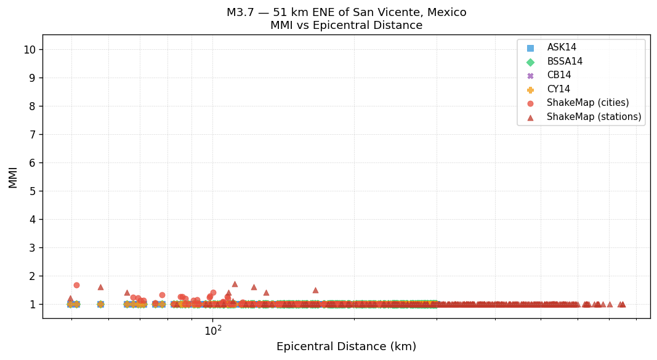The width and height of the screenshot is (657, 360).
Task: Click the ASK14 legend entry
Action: click(562, 48)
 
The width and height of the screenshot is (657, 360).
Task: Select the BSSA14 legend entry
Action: click(564, 62)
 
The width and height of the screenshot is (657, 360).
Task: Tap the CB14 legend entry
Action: click(558, 75)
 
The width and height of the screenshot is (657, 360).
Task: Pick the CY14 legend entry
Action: click(558, 89)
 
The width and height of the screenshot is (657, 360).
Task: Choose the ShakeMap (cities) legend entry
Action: click(587, 103)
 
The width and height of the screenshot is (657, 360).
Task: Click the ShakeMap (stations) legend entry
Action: click(594, 117)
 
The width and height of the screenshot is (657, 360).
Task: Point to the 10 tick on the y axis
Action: click(30, 50)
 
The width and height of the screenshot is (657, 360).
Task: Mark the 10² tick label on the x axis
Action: click(213, 330)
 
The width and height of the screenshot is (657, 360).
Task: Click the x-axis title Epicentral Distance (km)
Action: click(346, 346)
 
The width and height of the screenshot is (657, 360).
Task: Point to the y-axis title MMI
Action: click(13, 177)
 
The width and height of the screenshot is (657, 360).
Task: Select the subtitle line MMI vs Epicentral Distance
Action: click(346, 26)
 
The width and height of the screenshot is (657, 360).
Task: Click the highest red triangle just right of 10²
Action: click(235, 284)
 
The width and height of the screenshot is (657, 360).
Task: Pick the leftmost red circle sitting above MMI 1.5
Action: click(76, 285)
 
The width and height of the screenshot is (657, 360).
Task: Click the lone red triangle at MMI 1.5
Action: click(315, 290)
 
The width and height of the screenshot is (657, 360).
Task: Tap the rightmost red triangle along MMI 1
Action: click(623, 304)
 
